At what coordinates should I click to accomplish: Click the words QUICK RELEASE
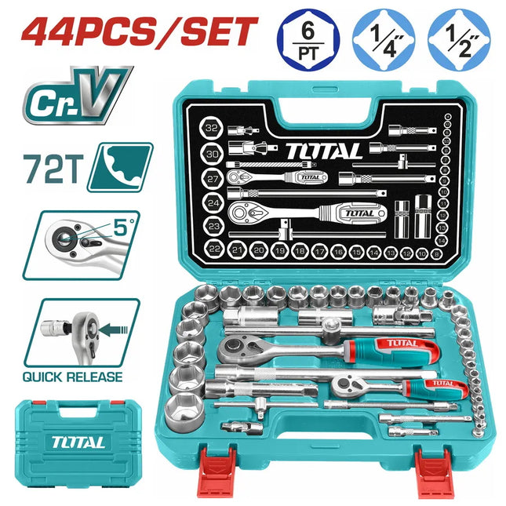[x=73, y=377]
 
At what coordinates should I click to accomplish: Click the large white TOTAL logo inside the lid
[x=323, y=150]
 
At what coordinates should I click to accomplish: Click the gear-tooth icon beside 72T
[x=119, y=167]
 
